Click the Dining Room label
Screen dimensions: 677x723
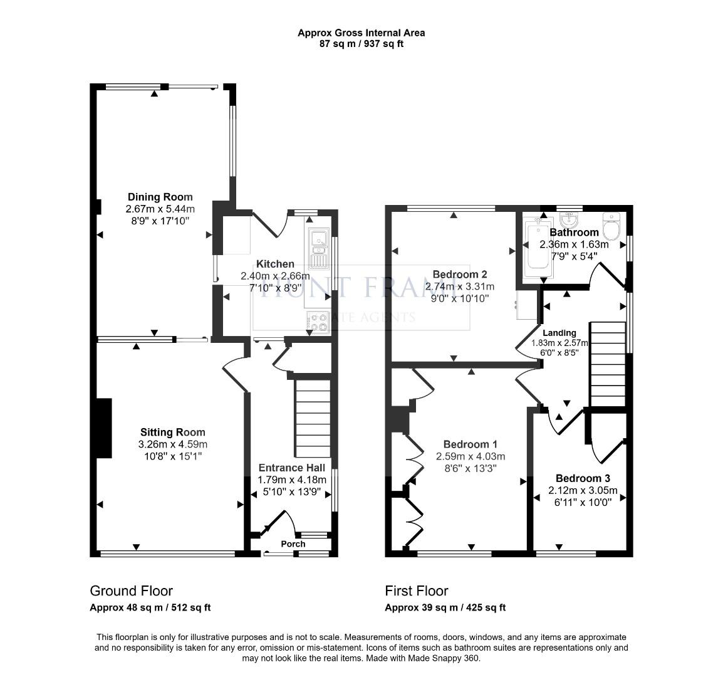tap(160, 197)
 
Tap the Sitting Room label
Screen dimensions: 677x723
tap(172, 433)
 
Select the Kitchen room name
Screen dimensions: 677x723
tap(275, 265)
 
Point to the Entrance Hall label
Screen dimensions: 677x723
tap(291, 468)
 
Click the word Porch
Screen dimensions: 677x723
tap(293, 544)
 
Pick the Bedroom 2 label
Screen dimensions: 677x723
tap(459, 275)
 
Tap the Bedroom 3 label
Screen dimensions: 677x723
tap(583, 478)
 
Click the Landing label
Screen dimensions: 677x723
tap(559, 333)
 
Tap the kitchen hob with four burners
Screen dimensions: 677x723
tap(318, 322)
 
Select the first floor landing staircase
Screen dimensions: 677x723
tap(608, 364)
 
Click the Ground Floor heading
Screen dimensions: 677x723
tap(132, 590)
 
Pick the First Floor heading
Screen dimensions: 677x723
tap(417, 590)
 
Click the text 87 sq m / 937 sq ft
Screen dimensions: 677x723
tap(361, 44)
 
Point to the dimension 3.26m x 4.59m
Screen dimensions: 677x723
tap(172, 444)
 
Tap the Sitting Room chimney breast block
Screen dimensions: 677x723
tap(103, 428)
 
